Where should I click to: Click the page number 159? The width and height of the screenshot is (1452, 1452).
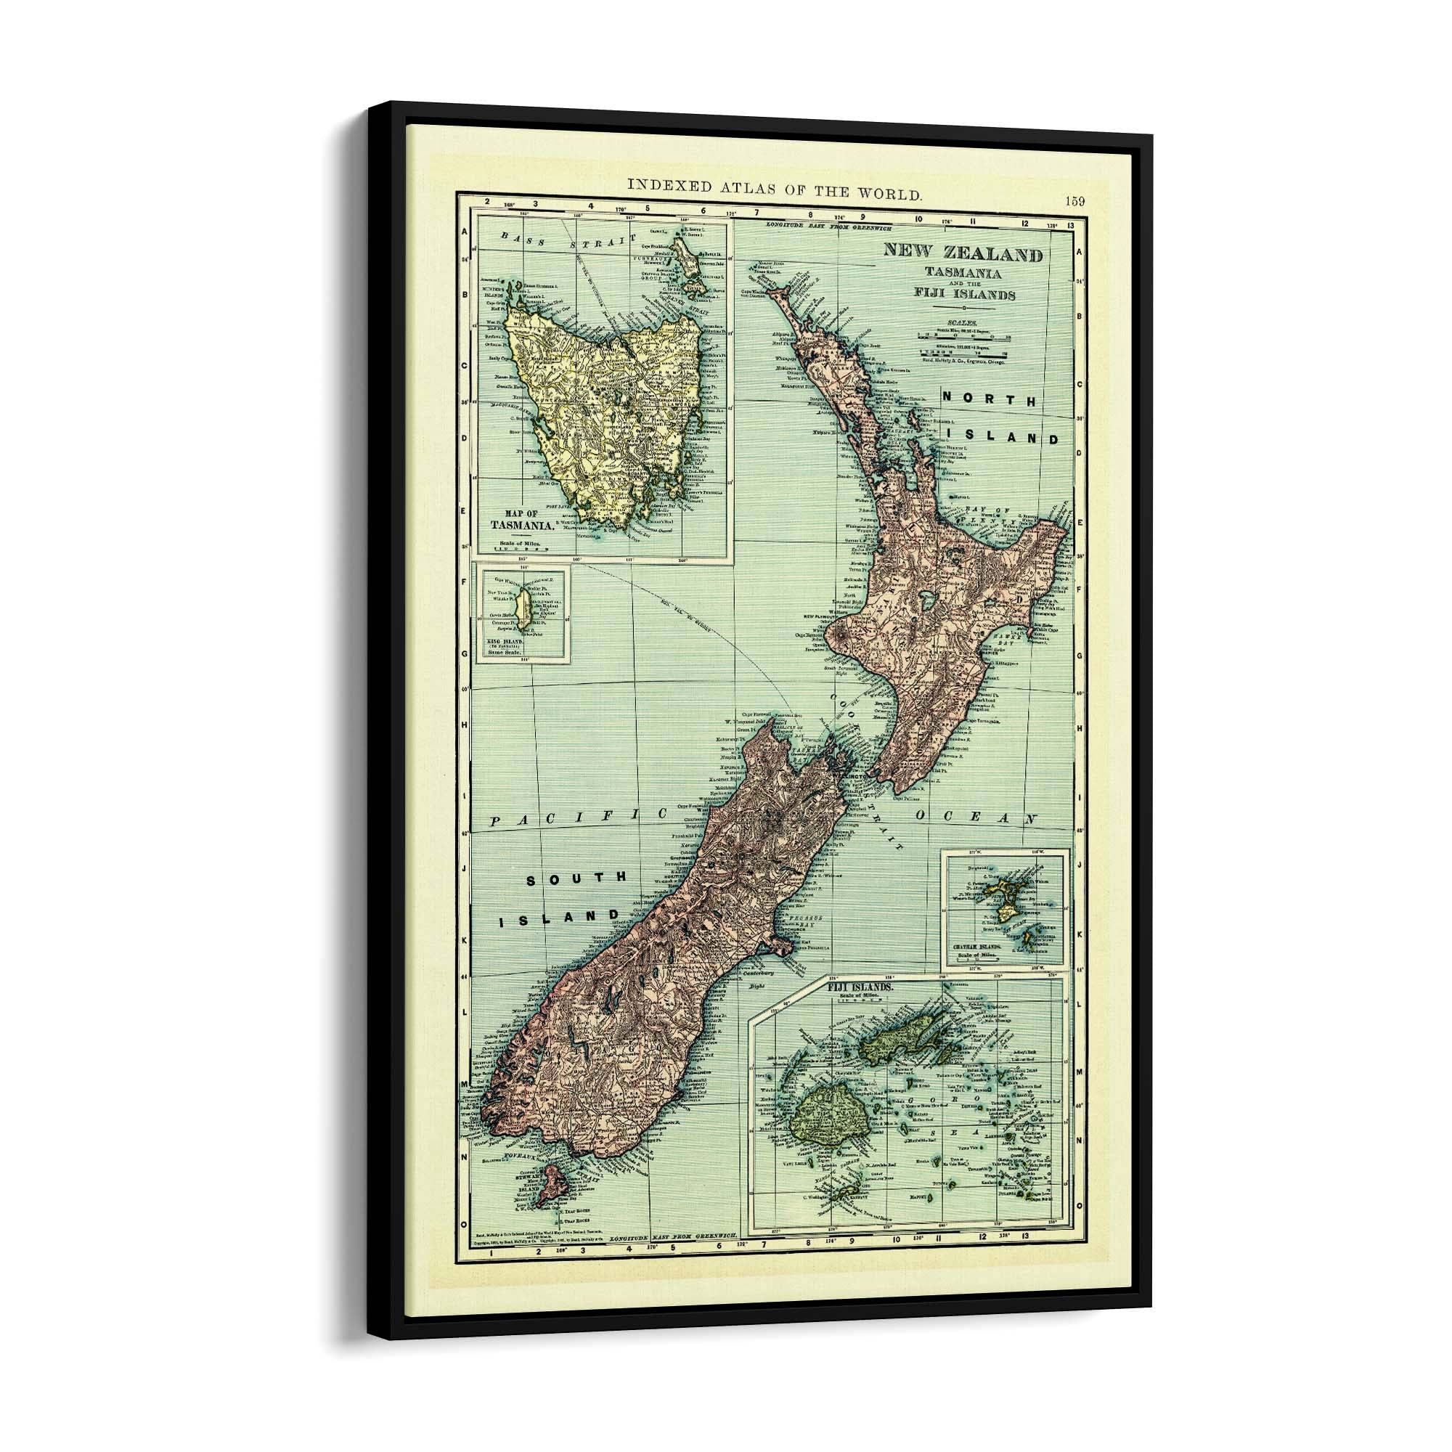1074,200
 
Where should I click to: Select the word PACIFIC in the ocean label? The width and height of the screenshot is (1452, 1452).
579,817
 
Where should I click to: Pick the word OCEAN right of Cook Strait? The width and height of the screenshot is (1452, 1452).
977,817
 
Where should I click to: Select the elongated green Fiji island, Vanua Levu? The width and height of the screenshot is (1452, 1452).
904,1043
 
